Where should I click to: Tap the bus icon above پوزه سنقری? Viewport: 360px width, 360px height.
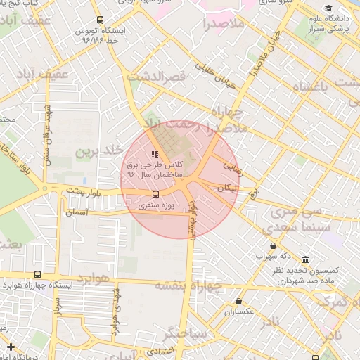pyautogui.click(x=155, y=194)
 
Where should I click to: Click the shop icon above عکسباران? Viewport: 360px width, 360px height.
pyautogui.click(x=238, y=301)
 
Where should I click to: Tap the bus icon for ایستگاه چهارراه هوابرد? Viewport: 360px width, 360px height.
pyautogui.click(x=37, y=275)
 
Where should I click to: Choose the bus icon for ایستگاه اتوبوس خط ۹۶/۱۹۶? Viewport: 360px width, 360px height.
pyautogui.click(x=99, y=20)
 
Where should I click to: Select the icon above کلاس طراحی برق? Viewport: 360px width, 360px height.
pyautogui.click(x=155, y=154)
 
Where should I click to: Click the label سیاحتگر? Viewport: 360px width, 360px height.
pyautogui.click(x=185, y=332)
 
